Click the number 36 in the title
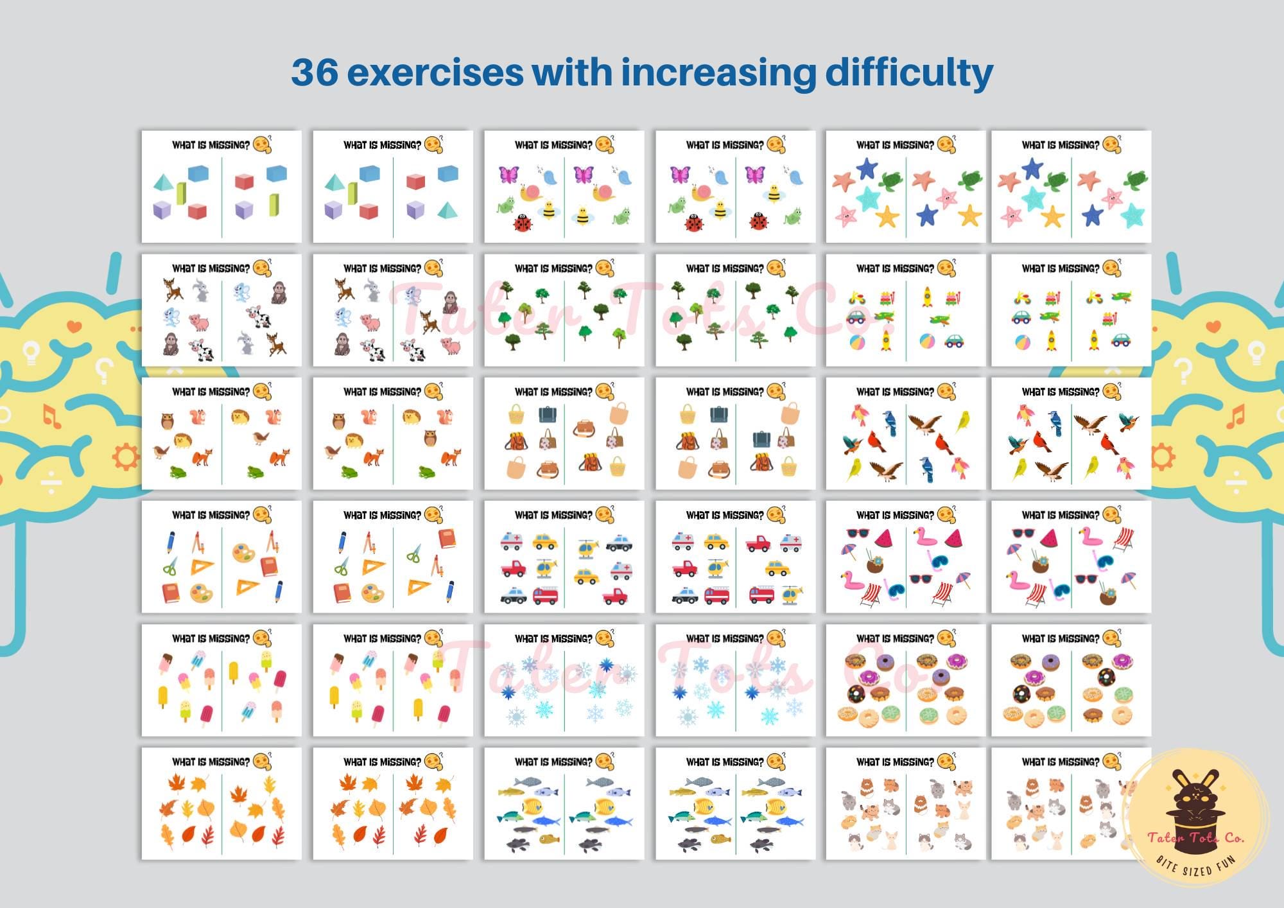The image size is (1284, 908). pyautogui.click(x=315, y=72)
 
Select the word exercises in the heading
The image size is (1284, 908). pyautogui.click(x=435, y=72)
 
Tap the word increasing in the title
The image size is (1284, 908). pyautogui.click(x=718, y=73)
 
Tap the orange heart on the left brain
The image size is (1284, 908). pyautogui.click(x=74, y=326)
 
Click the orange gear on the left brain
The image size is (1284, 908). pyautogui.click(x=125, y=457)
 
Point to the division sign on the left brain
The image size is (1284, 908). pyautogui.click(x=52, y=483)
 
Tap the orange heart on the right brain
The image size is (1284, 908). pyautogui.click(x=1213, y=326)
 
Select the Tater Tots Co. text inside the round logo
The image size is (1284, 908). pyautogui.click(x=1195, y=837)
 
